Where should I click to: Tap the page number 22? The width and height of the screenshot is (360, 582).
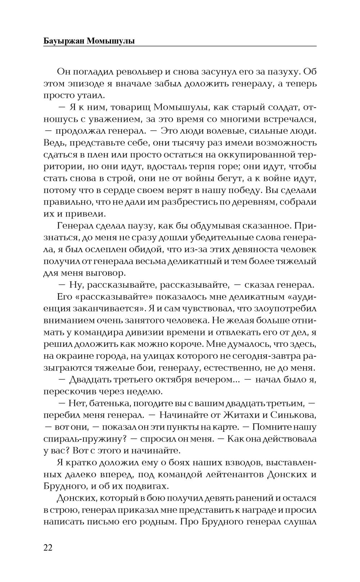(48, 548)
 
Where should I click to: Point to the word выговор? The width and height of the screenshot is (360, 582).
(107, 274)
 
